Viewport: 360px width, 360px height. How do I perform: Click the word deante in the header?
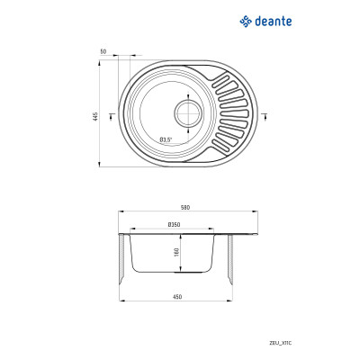point(272,17)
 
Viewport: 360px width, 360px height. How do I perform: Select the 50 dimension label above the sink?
point(104,52)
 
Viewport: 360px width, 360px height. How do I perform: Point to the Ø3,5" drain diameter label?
point(166,139)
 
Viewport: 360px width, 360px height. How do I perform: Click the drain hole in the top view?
point(188,114)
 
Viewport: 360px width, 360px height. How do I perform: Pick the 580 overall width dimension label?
point(185,208)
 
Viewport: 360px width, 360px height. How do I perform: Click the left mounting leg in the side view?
point(122,257)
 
